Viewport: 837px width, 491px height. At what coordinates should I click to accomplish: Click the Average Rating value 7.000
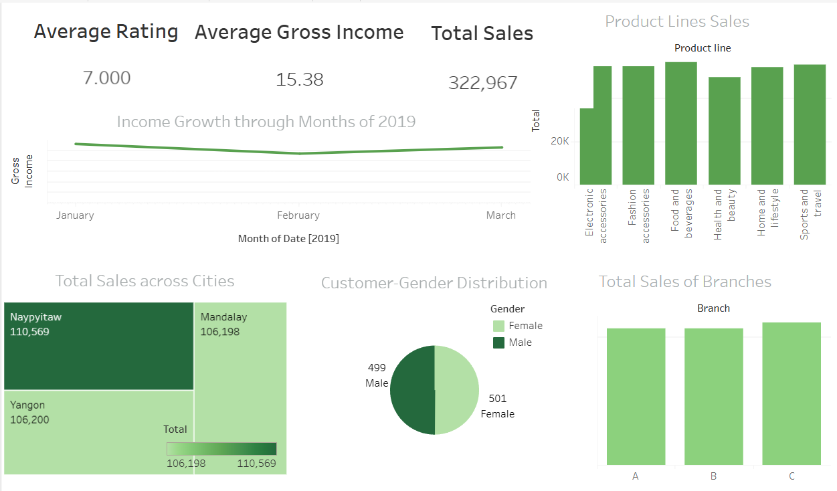pos(107,78)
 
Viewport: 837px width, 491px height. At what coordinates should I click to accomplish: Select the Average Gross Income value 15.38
pos(299,80)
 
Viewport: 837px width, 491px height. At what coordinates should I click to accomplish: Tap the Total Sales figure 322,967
pos(482,83)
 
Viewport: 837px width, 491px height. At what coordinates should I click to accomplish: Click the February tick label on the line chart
pos(298,215)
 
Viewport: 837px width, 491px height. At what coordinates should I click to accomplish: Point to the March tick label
pos(501,215)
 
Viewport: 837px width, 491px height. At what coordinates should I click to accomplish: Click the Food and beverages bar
pos(681,124)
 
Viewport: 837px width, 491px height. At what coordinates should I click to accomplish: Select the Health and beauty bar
pos(725,131)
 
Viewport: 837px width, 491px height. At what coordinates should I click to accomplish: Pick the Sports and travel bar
pos(810,124)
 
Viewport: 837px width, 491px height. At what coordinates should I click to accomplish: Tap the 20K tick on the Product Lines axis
pos(560,142)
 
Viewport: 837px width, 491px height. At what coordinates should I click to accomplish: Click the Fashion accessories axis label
pos(639,215)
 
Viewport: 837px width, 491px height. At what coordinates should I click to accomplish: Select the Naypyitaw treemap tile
pos(99,346)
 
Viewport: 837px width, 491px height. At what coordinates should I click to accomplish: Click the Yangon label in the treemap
pos(27,405)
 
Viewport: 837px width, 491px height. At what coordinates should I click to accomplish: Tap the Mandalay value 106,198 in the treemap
pos(220,332)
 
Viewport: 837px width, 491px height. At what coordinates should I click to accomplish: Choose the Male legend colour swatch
pos(499,342)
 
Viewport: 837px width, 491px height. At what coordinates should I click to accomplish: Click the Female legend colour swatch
pos(499,326)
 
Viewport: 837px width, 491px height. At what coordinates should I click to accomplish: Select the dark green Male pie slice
pos(411,390)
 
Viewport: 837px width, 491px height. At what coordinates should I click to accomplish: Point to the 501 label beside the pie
pos(497,399)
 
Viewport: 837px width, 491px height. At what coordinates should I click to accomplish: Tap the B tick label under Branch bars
pos(714,476)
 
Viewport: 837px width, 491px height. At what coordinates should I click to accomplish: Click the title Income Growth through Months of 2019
pos(266,122)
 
